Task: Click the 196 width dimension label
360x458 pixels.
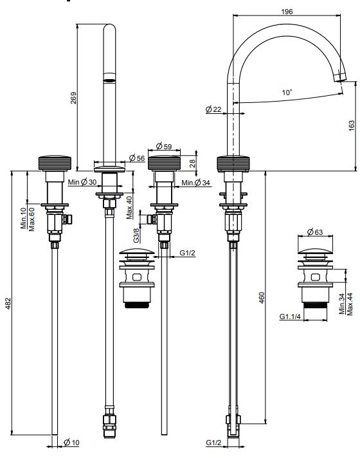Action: point(287,12)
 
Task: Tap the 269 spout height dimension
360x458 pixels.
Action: point(73,98)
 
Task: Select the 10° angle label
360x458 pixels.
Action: point(287,92)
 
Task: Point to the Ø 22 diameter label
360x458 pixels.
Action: point(213,109)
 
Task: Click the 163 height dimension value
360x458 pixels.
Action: point(352,125)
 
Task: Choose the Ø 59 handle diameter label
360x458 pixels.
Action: point(164,146)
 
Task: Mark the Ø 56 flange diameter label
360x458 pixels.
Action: point(137,158)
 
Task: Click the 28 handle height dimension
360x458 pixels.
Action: point(192,163)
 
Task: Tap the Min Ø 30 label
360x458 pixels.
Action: point(82,182)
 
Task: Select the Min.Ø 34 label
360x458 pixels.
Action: point(195,183)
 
